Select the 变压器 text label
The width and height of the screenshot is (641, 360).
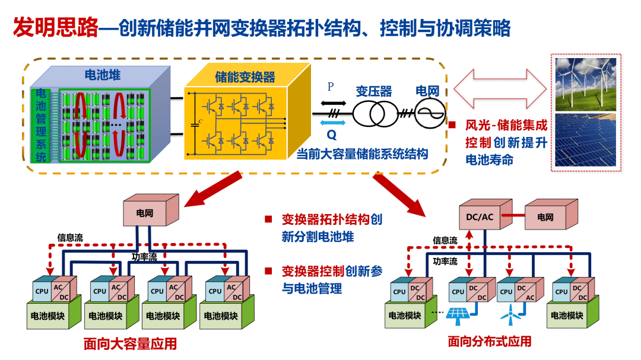[373, 92]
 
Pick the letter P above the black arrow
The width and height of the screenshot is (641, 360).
[331, 87]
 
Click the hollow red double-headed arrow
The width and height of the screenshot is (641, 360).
[500, 89]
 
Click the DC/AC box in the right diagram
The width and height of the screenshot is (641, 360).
[480, 216]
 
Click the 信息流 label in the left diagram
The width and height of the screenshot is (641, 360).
[70, 237]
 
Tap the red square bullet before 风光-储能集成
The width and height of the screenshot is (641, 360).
[452, 126]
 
